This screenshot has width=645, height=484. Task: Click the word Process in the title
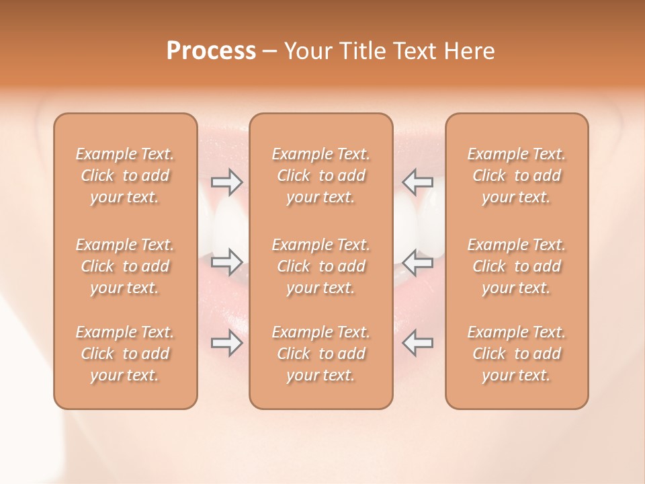[x=211, y=51]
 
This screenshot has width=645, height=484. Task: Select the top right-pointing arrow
[x=227, y=182]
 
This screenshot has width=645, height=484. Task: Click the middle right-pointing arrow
[x=227, y=262]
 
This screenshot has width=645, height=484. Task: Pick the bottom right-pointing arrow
[x=227, y=343]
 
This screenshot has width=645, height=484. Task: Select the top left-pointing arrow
[x=417, y=182]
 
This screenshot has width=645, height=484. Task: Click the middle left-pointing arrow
[x=417, y=262]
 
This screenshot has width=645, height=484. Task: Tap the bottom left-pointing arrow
[x=417, y=343]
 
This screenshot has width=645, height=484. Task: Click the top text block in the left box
[x=125, y=175]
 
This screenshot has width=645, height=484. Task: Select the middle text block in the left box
[x=125, y=266]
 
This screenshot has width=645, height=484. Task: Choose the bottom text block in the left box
[x=125, y=354]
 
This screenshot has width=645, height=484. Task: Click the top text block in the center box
[x=320, y=175]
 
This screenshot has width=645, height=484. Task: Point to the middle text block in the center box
[x=320, y=266]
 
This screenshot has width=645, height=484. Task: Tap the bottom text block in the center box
[x=320, y=354]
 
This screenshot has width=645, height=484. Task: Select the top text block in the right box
[x=517, y=175]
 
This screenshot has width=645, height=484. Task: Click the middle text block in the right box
[x=517, y=266]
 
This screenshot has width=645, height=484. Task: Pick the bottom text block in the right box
[x=517, y=354]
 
